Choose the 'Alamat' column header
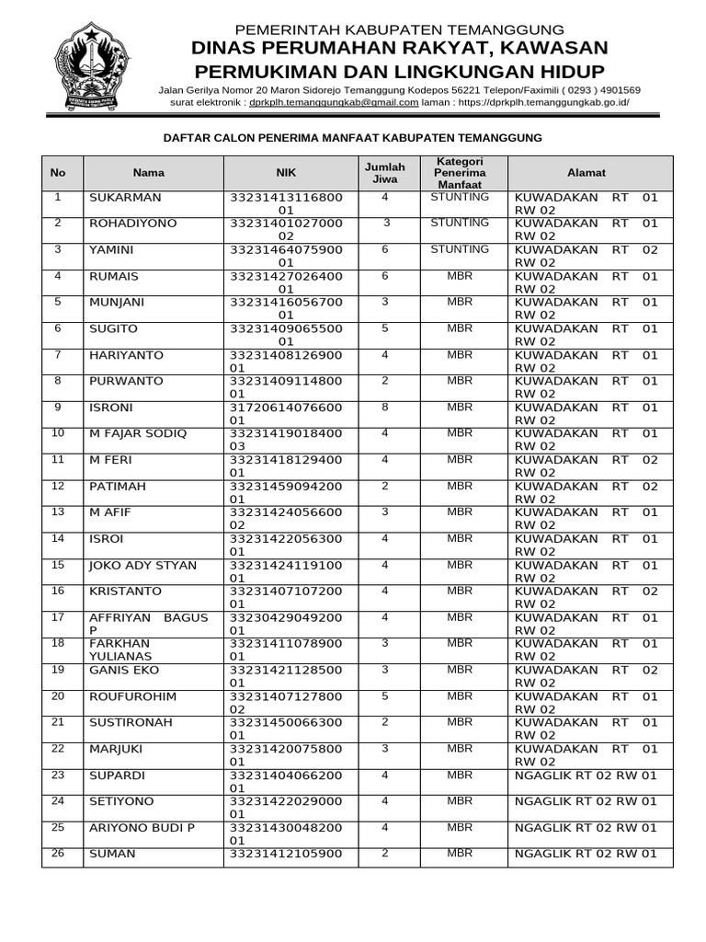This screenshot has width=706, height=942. pyautogui.click(x=586, y=172)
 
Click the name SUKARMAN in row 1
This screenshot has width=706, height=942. pyautogui.click(x=125, y=198)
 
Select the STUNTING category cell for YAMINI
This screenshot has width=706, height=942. pyautogui.click(x=460, y=249)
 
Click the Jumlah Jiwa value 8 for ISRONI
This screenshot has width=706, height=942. pyautogui.click(x=385, y=407)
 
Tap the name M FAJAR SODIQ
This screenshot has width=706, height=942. pyautogui.click(x=137, y=434)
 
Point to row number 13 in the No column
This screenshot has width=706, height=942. pyautogui.click(x=58, y=511)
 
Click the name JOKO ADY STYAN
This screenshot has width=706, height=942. pyautogui.click(x=142, y=565)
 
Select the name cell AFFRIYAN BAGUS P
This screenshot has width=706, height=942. pyautogui.click(x=148, y=624)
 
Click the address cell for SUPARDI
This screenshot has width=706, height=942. pyautogui.click(x=586, y=775)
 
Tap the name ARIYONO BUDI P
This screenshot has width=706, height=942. pyautogui.click(x=142, y=828)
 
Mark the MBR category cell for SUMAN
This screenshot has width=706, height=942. pyautogui.click(x=460, y=854)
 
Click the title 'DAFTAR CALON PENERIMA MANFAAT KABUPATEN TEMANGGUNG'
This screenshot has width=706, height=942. pyautogui.click(x=352, y=137)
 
